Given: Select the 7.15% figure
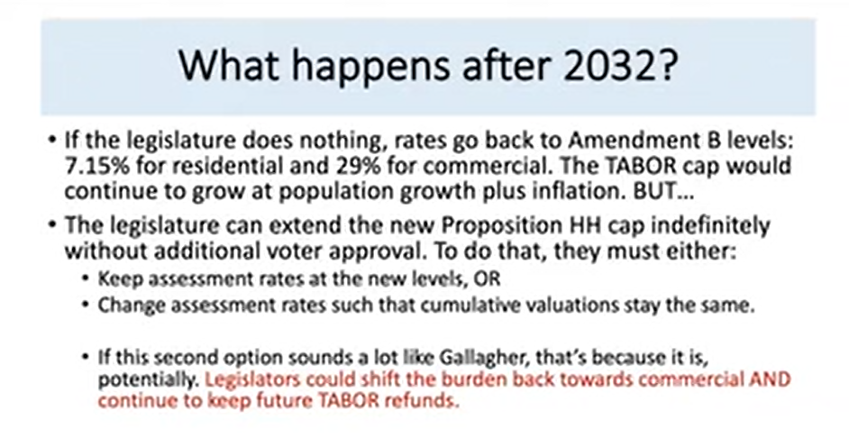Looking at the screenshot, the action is click(97, 166).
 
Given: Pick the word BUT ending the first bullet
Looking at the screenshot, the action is click(663, 192).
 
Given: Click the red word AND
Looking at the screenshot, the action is click(770, 379).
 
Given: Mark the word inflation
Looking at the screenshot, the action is click(580, 192).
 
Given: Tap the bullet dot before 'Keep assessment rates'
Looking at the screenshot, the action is click(86, 278).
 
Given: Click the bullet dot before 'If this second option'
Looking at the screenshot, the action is click(86, 358).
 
